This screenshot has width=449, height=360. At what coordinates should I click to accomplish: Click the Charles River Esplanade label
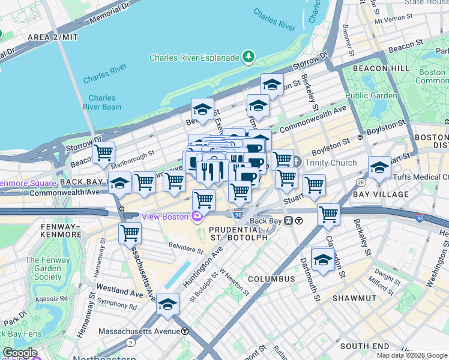tap(194, 58)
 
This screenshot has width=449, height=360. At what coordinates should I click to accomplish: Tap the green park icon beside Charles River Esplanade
tap(248, 57)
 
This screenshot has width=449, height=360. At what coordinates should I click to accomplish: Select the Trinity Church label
tap(331, 163)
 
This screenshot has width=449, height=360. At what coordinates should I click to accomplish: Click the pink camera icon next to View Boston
tap(196, 216)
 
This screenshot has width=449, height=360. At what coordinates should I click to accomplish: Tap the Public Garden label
tap(371, 95)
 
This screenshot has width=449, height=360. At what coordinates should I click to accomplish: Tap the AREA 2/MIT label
tap(53, 37)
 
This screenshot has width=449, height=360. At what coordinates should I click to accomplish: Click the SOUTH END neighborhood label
tap(364, 346)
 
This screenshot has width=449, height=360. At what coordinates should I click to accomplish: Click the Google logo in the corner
tap(20, 353)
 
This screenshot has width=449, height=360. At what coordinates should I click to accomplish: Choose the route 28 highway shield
tap(360, 182)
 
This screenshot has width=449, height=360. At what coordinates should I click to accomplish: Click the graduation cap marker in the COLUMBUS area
tap(323, 259)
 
